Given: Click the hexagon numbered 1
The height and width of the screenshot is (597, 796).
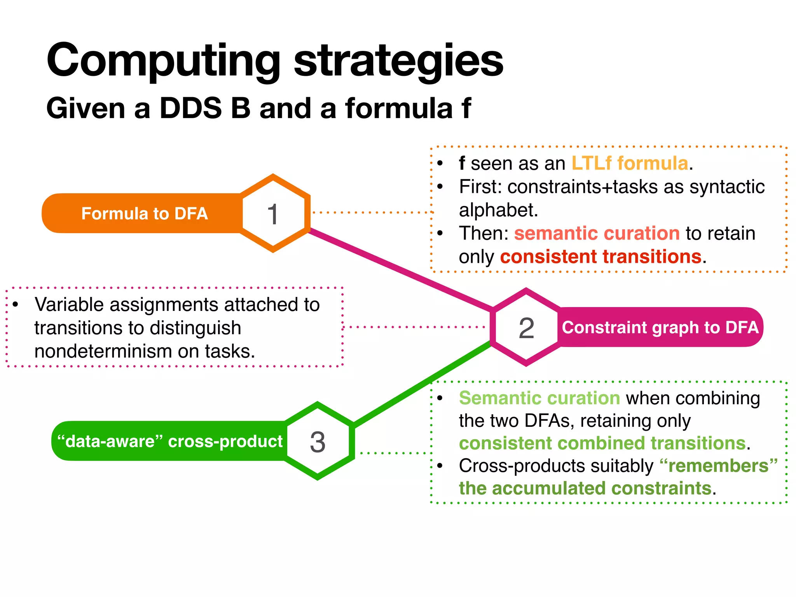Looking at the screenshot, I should tap(273, 213).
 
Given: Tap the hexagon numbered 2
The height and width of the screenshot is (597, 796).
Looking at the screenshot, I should tap(526, 327).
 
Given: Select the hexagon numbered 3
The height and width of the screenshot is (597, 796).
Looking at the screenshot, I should tap(318, 442).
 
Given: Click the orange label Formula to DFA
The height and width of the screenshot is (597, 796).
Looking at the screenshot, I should tap(144, 213).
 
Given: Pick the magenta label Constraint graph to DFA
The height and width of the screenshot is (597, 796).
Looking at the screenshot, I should tap(660, 327).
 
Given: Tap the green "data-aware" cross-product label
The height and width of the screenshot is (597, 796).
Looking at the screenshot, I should tap(170, 442).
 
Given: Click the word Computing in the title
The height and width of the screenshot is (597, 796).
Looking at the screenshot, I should tap(163, 61).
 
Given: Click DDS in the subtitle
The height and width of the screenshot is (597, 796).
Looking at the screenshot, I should tap(190, 108).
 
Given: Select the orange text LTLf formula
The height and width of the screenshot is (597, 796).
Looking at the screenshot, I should tap(630, 163).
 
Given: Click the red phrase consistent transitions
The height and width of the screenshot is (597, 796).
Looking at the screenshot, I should tap(600, 257).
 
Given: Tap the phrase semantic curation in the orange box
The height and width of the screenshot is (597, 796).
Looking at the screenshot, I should tap(597, 234).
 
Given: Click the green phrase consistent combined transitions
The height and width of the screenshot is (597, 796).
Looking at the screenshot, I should tap(602, 443).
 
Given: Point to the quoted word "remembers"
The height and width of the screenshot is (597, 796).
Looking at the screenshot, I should tap(719, 466).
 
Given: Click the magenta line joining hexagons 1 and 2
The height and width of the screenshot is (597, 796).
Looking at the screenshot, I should tap(400, 270).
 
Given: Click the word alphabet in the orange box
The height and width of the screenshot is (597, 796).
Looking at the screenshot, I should tap(498, 210).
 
